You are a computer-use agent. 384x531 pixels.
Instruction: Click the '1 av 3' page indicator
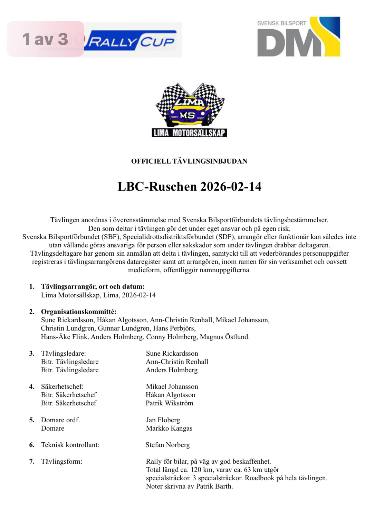click(45, 39)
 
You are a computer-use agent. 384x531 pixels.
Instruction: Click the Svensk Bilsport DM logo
click(299, 37)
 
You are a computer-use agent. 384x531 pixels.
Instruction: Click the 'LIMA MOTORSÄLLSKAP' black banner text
click(189, 133)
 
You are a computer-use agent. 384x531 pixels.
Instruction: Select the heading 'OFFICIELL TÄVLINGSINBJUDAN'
click(189, 161)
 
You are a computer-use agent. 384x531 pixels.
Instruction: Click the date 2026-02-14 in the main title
click(231, 187)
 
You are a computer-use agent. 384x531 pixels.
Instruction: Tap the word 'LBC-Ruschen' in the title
click(157, 187)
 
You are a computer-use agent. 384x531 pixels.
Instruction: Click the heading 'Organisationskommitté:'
click(79, 312)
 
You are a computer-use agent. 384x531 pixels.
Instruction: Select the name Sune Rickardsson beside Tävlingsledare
click(172, 353)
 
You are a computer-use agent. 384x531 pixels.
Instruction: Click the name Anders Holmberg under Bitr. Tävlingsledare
click(172, 370)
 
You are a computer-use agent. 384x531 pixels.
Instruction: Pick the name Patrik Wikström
click(170, 403)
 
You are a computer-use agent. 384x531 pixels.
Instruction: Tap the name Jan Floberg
click(163, 420)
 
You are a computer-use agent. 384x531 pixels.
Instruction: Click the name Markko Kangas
click(169, 428)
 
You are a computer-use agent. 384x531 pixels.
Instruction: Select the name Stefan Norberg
click(168, 445)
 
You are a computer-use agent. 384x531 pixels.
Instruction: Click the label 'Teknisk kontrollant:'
click(70, 445)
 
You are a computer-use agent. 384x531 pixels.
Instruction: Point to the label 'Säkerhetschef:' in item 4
click(62, 386)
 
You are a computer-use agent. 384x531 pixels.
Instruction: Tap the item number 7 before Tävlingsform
click(32, 461)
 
